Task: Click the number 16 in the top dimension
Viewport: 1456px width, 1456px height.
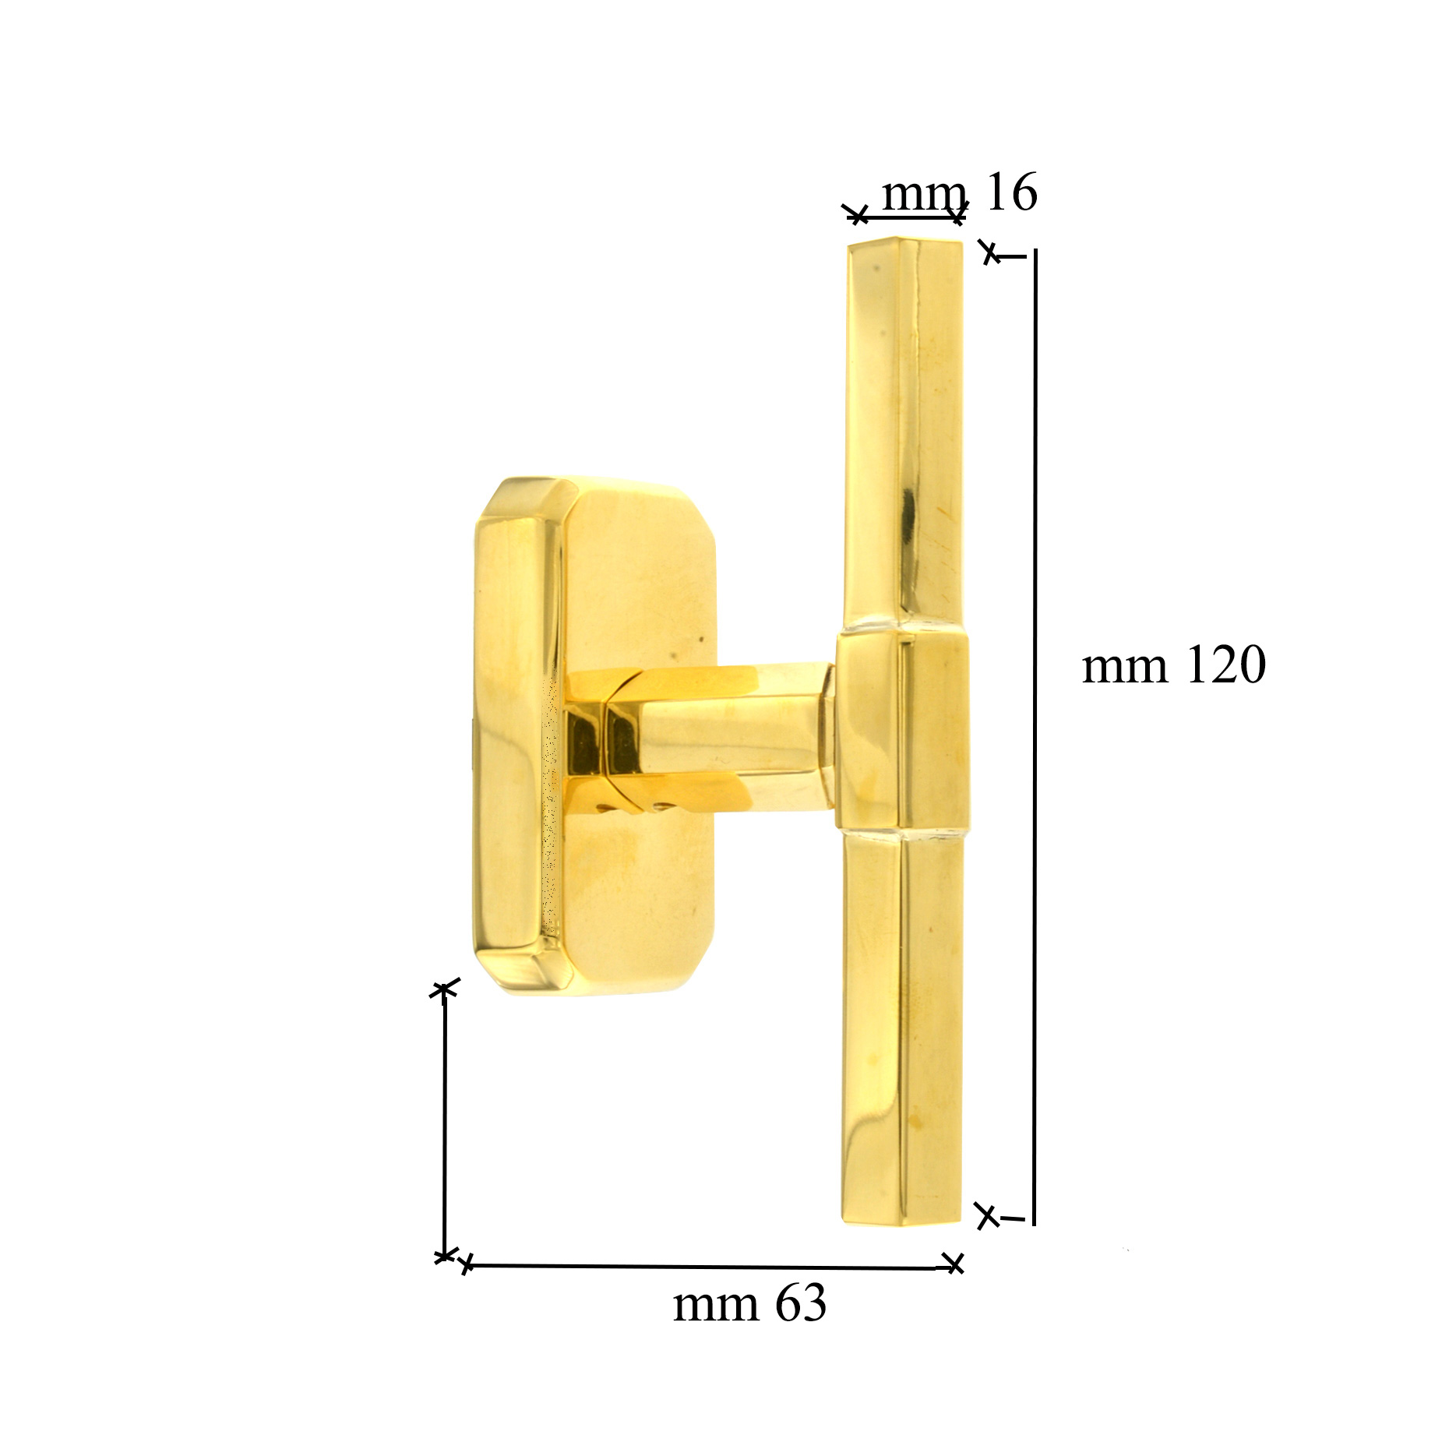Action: pyautogui.click(x=1011, y=192)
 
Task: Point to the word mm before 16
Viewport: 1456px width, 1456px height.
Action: pyautogui.click(x=925, y=196)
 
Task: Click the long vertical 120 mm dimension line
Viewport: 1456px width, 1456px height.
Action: pyautogui.click(x=1035, y=737)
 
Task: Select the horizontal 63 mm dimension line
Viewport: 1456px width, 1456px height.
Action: pyautogui.click(x=710, y=1266)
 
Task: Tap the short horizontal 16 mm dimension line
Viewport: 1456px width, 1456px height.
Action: pyautogui.click(x=907, y=216)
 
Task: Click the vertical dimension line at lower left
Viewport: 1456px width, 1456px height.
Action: pyautogui.click(x=444, y=1123)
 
